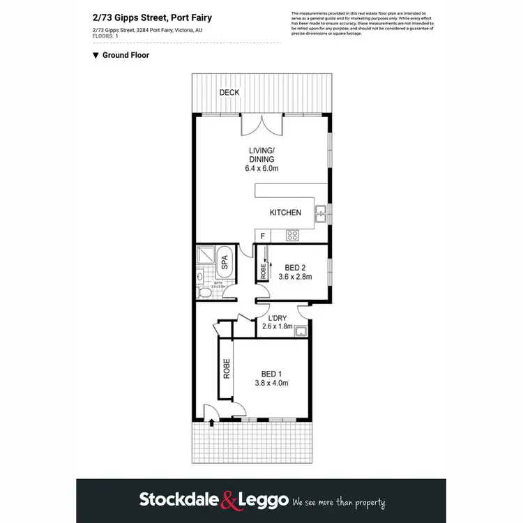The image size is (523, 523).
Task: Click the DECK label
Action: point(228,93)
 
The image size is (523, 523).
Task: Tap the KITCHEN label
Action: point(285,213)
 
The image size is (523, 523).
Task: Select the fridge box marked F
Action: point(262,236)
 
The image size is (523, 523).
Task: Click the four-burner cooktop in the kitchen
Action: point(294,234)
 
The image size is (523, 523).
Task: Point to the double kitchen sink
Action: point(321,215)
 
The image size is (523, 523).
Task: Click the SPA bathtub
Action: point(225,261)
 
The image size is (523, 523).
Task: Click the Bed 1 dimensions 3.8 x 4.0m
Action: point(271,383)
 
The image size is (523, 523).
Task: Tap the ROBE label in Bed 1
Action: point(227,368)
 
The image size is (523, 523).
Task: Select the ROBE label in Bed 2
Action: point(263,270)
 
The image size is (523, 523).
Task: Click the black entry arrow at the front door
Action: point(211,422)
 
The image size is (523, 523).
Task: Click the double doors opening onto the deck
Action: point(262,126)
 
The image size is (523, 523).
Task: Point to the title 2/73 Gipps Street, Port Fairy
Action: point(152,18)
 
